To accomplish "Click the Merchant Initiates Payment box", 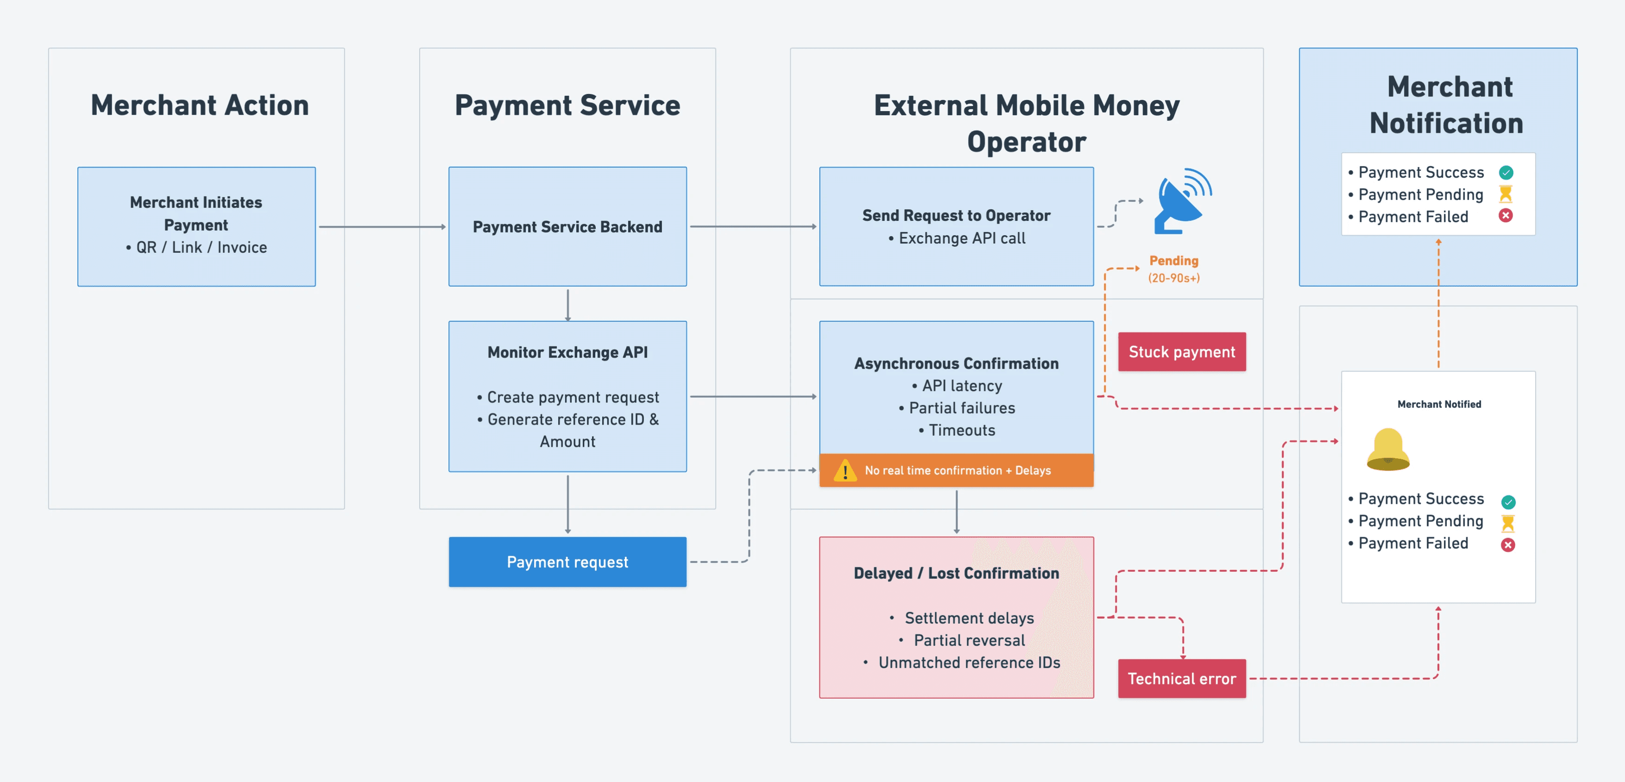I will click(x=196, y=226).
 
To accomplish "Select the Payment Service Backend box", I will click(x=567, y=226).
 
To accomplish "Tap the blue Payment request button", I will click(x=567, y=562).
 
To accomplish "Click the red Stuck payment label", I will click(x=1182, y=352).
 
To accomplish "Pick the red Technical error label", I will click(x=1182, y=679).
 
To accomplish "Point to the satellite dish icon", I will click(x=1182, y=201).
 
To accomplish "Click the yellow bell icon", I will click(x=1388, y=450).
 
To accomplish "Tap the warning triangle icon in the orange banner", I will click(x=844, y=470).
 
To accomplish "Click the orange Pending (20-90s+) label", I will click(x=1173, y=269).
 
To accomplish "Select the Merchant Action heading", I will click(x=199, y=105).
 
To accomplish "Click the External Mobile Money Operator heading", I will click(x=1027, y=123).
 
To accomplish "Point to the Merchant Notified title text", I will click(x=1439, y=404).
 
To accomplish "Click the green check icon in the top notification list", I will click(x=1506, y=172).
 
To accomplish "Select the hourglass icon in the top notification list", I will click(x=1506, y=194).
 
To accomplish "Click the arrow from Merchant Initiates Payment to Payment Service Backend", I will click(x=382, y=226).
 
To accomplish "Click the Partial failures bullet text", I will click(x=961, y=408).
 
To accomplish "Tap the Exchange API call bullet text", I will click(x=961, y=238).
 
